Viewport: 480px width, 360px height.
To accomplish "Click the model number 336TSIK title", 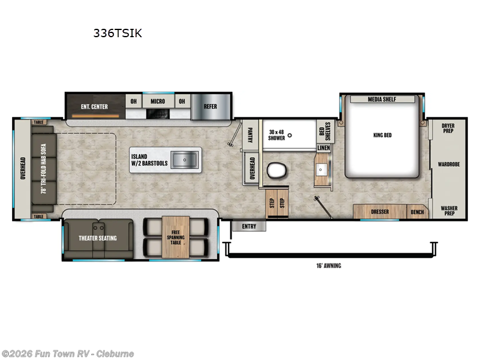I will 118,34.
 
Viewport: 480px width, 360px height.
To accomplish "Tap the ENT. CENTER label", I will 94,107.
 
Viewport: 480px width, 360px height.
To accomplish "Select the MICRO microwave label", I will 158,101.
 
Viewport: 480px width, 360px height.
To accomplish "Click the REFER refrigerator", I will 211,107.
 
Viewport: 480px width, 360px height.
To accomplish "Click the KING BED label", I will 382,135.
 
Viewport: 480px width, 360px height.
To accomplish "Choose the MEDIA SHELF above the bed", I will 382,99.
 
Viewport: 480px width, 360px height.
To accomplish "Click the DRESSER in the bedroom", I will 380,212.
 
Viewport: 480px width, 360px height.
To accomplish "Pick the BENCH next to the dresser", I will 416,212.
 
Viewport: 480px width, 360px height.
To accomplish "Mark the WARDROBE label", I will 448,163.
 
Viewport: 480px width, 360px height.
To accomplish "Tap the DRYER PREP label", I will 448,128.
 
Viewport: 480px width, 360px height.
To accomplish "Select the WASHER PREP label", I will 448,211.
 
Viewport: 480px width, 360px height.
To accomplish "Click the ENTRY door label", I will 248,226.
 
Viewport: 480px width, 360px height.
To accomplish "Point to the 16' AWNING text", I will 328,265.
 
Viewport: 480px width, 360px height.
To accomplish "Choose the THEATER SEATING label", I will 98,238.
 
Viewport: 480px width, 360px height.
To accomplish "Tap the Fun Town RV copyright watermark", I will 68,353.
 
